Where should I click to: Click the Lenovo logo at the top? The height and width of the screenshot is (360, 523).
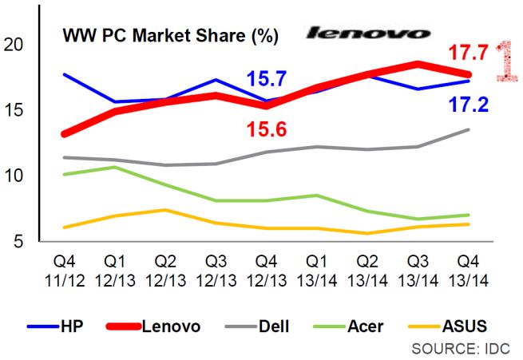click(x=368, y=33)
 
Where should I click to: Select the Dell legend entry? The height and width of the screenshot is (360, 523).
click(x=252, y=326)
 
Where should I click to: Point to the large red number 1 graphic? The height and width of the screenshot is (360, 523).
click(x=505, y=60)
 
